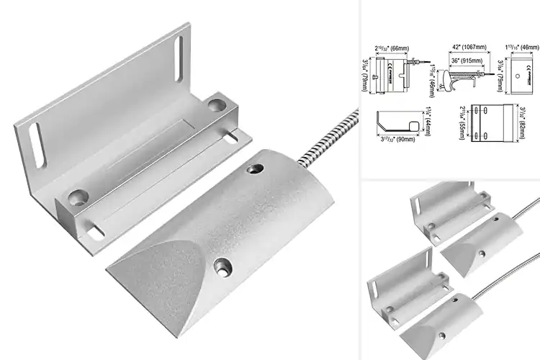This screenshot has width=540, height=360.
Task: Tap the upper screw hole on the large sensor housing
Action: coord(253,170)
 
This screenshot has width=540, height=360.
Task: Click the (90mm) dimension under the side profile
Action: coord(400,142)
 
